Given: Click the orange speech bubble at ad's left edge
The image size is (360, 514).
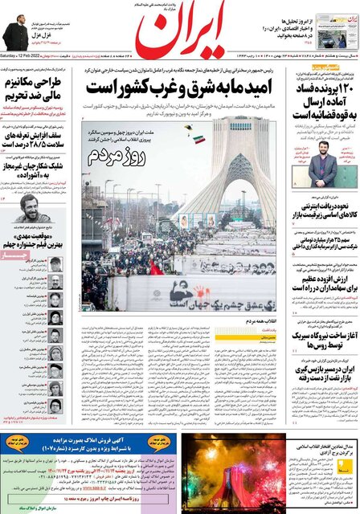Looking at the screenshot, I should [17, 443].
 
